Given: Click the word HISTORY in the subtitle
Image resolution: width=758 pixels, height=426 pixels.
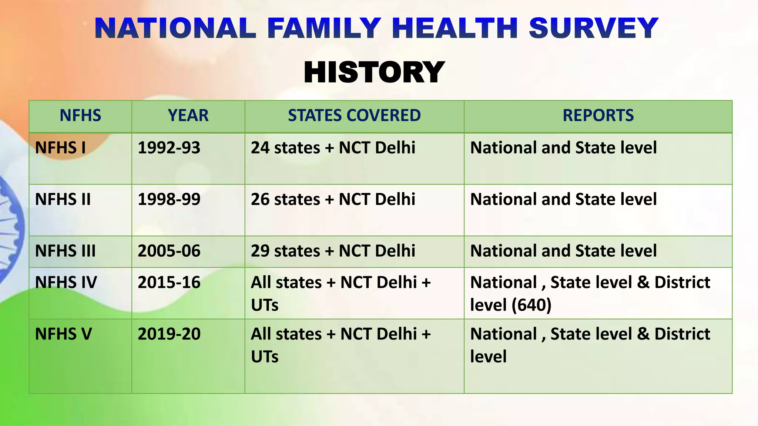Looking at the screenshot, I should pyautogui.click(x=374, y=72).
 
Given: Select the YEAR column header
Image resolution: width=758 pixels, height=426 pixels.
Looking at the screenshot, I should pyautogui.click(x=188, y=115).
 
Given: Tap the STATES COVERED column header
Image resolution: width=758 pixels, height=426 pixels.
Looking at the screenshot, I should pyautogui.click(x=354, y=115).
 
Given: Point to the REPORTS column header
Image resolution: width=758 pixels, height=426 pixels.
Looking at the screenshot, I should pyautogui.click(x=598, y=115).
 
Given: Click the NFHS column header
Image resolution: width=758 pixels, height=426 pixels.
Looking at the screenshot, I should pyautogui.click(x=80, y=115).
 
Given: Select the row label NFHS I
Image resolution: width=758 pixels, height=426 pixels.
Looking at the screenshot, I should pyautogui.click(x=60, y=148).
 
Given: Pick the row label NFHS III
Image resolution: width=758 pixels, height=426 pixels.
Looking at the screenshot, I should pyautogui.click(x=65, y=251).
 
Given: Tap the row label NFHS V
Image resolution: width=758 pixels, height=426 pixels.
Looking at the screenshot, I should pyautogui.click(x=63, y=334).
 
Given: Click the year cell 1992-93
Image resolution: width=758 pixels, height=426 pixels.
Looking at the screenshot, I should pyautogui.click(x=169, y=148).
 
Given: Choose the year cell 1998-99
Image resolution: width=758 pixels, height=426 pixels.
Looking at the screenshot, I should pyautogui.click(x=169, y=200).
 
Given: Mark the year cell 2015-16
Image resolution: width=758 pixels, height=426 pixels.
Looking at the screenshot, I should pyautogui.click(x=169, y=283).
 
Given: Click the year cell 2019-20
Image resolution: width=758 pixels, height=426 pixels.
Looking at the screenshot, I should pyautogui.click(x=169, y=334).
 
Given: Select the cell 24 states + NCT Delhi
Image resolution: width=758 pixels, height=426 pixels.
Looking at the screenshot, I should pyautogui.click(x=333, y=148).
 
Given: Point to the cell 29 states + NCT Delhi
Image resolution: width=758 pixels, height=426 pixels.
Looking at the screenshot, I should pyautogui.click(x=333, y=251).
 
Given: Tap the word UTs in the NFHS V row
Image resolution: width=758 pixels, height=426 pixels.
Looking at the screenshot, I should pyautogui.click(x=265, y=357).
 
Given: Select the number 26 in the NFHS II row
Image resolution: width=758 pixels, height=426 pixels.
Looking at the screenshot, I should pyautogui.click(x=260, y=200).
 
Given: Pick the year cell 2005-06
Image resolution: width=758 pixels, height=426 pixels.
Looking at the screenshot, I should pyautogui.click(x=169, y=251).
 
